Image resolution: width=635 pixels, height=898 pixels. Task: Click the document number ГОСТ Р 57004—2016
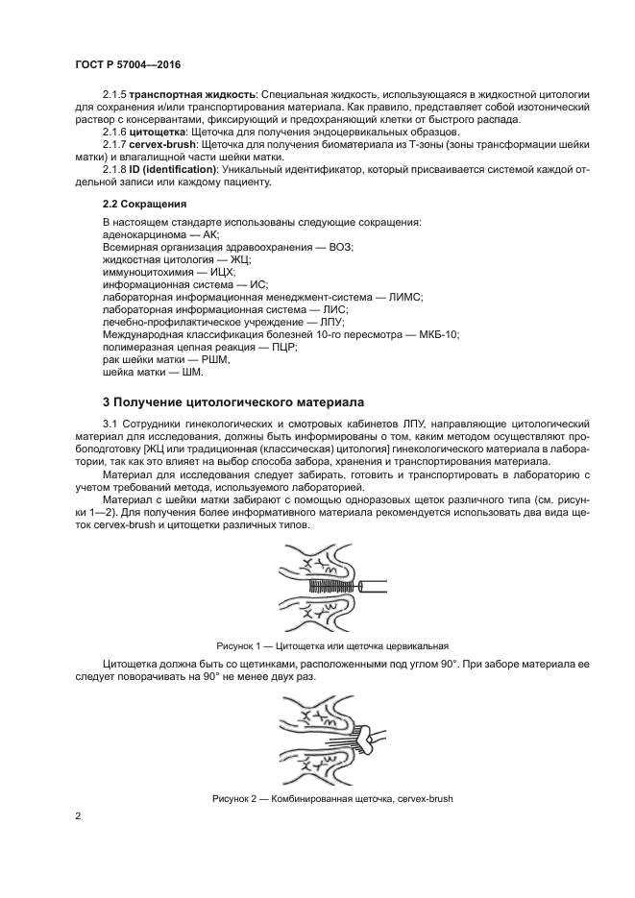[128, 64]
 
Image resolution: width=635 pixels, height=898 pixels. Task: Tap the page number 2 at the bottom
[78, 816]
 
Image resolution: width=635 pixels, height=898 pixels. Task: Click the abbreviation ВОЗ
[340, 247]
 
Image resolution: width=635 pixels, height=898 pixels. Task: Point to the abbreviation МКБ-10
[439, 334]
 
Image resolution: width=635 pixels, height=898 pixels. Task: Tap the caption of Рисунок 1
[333, 645]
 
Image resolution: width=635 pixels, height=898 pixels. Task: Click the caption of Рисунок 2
[331, 799]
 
